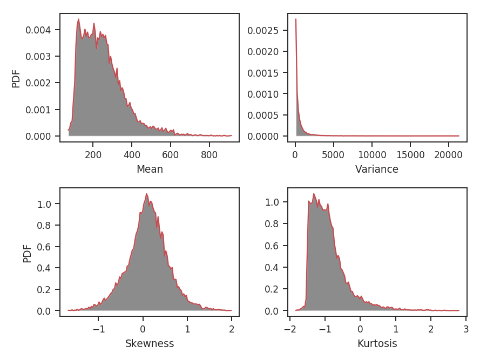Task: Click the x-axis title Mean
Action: pyautogui.click(x=150, y=169)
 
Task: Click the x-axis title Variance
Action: pyautogui.click(x=376, y=169)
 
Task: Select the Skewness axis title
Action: pyautogui.click(x=150, y=344)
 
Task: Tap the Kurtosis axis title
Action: pyautogui.click(x=377, y=344)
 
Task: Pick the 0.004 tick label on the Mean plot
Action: pyautogui.click(x=38, y=30)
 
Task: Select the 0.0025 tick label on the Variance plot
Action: pyautogui.click(x=263, y=30)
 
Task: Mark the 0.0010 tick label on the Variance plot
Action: pyautogui.click(x=263, y=94)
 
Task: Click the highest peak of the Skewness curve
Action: pyautogui.click(x=146, y=194)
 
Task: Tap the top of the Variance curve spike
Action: pyautogui.click(x=296, y=19)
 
